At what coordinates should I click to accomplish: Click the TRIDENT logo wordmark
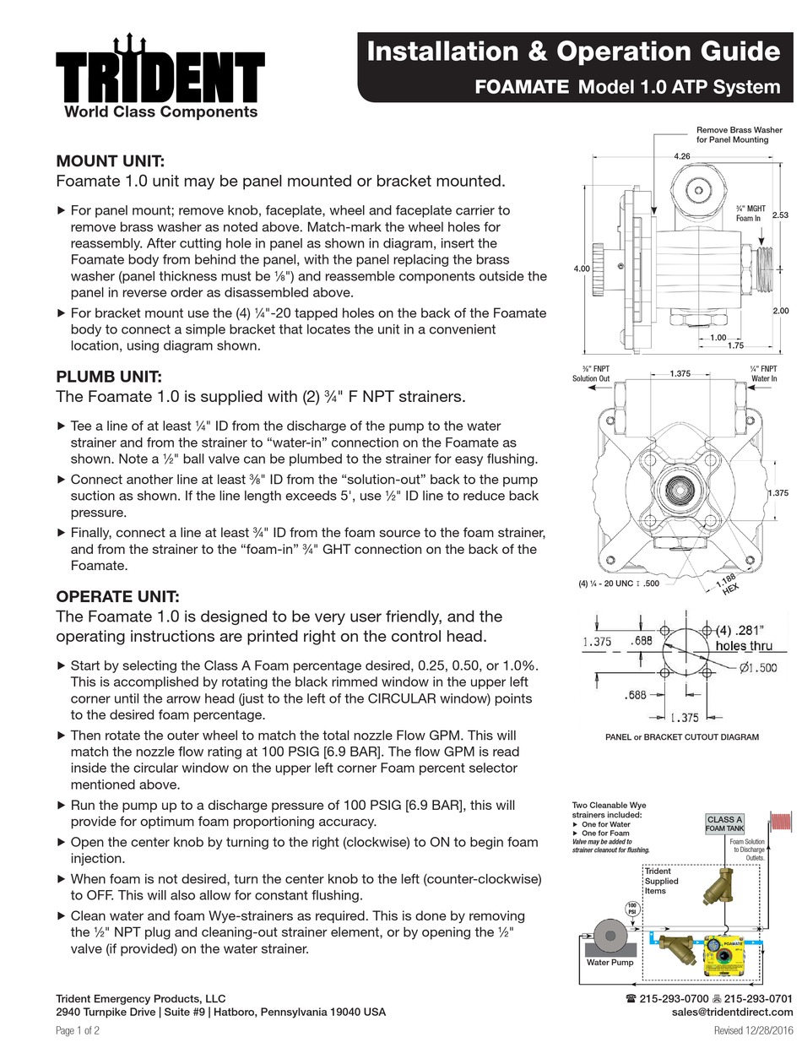(160, 73)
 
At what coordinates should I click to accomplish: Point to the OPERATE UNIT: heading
(117, 596)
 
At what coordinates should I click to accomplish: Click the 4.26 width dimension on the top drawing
(681, 156)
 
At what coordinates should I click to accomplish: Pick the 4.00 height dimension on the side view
(581, 269)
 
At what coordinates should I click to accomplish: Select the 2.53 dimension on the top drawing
(781, 214)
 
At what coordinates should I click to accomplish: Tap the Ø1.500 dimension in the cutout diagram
(757, 668)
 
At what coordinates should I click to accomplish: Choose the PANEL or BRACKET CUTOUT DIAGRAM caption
(682, 736)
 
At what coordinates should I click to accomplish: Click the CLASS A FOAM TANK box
(724, 823)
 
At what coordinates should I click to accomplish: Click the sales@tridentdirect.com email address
(733, 1012)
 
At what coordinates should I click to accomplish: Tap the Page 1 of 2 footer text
(78, 1030)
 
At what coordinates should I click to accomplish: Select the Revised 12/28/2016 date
(753, 1030)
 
